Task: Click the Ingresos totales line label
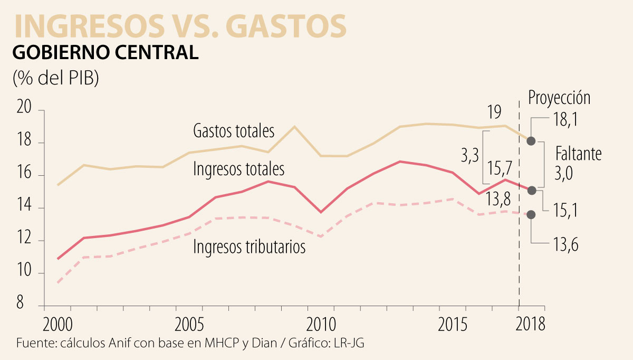click(239, 169)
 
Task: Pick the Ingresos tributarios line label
click(249, 247)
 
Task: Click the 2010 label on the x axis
click(321, 323)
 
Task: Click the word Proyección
click(559, 98)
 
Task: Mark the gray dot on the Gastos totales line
click(531, 141)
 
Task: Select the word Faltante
click(578, 154)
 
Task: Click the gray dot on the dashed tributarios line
click(531, 214)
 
